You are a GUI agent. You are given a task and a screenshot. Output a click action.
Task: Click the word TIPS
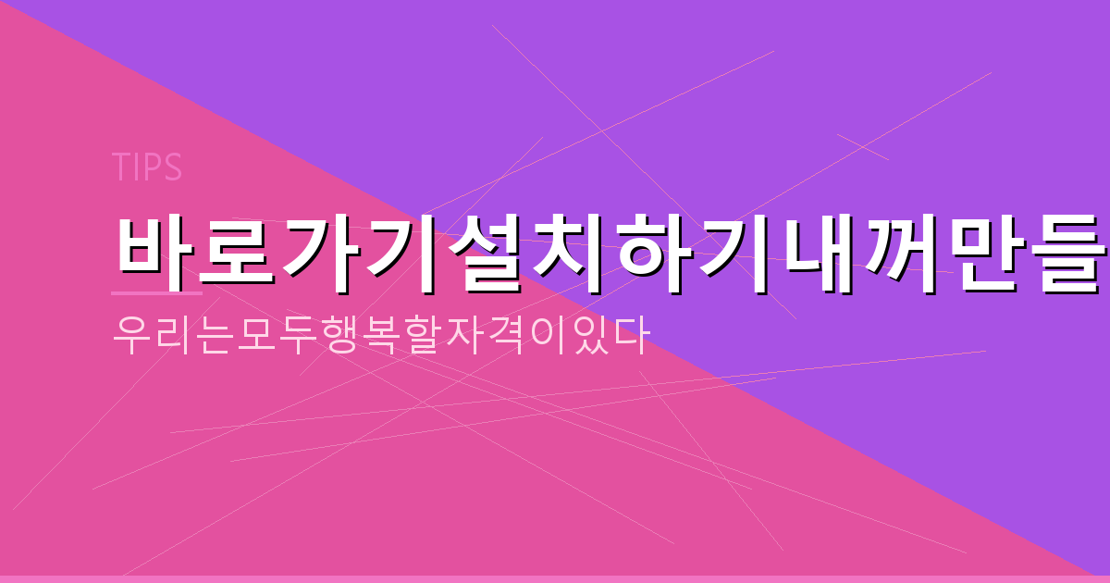click(x=146, y=167)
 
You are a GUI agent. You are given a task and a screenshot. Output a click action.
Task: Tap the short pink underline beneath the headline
click(x=156, y=292)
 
